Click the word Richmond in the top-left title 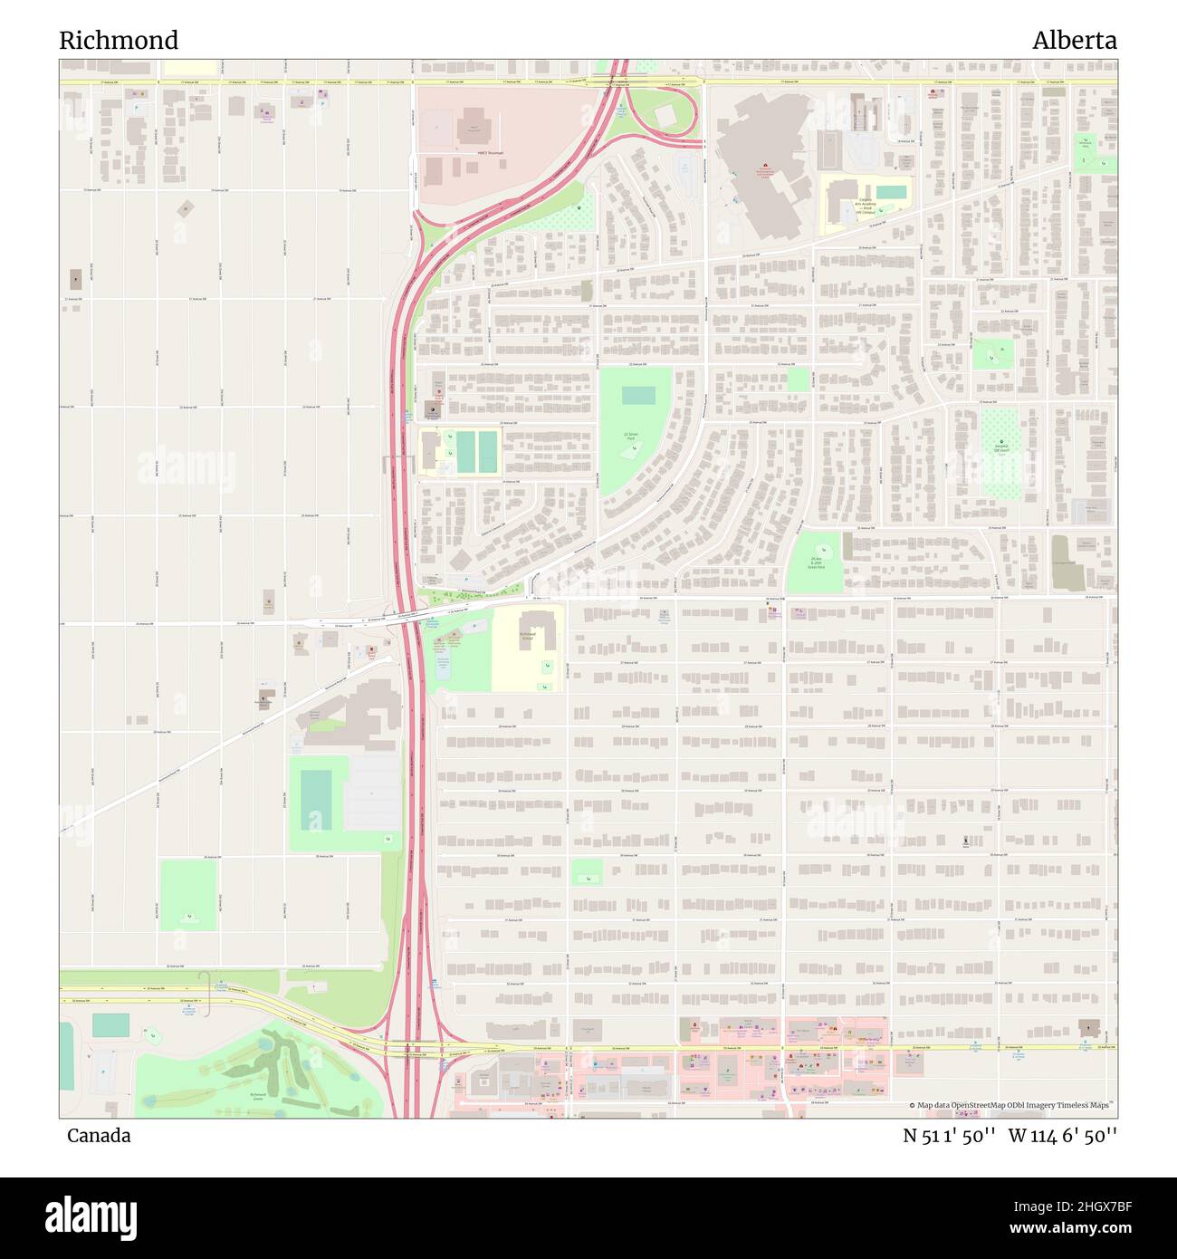click(x=119, y=41)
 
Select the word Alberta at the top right click(x=1074, y=41)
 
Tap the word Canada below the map click(x=99, y=1136)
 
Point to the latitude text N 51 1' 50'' click(x=950, y=1136)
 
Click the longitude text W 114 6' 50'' click(x=1062, y=1136)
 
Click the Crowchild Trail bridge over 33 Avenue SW click(x=412, y=1051)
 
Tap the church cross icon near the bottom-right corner click(x=1086, y=1029)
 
